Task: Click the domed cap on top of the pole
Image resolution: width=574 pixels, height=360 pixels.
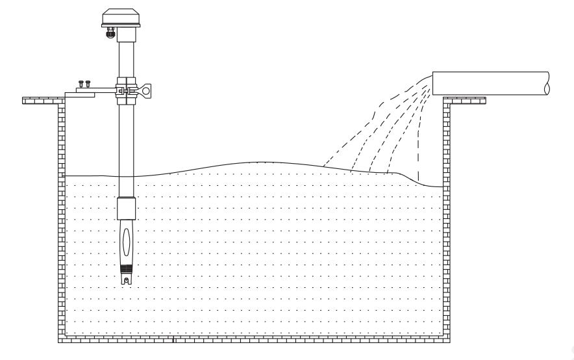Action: tap(121, 18)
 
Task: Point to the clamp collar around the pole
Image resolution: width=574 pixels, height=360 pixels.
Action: tap(126, 90)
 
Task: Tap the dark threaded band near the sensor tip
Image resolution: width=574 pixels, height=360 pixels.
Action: tap(126, 267)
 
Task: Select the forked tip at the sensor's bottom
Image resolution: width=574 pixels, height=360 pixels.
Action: tap(126, 279)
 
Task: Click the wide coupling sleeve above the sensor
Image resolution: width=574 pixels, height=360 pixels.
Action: tap(126, 207)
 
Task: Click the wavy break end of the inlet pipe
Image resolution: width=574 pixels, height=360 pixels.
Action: tap(547, 83)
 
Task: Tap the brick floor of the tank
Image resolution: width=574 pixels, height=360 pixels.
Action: tap(253, 339)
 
